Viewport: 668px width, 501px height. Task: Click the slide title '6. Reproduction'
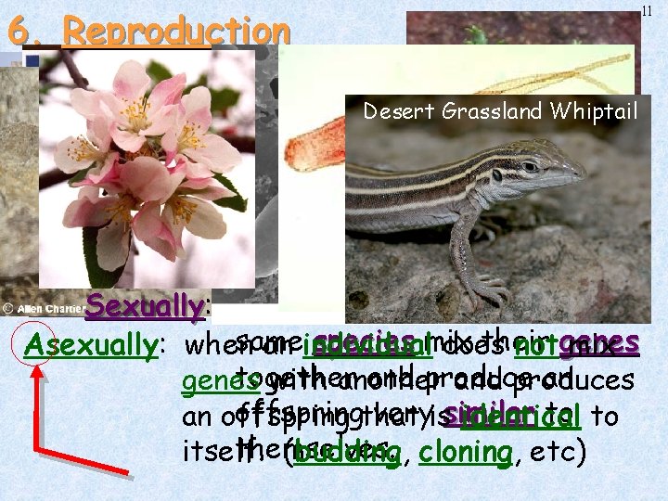[x=148, y=31]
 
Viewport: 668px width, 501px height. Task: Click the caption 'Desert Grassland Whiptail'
[x=500, y=111]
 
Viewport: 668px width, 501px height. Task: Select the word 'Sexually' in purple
[x=144, y=306]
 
